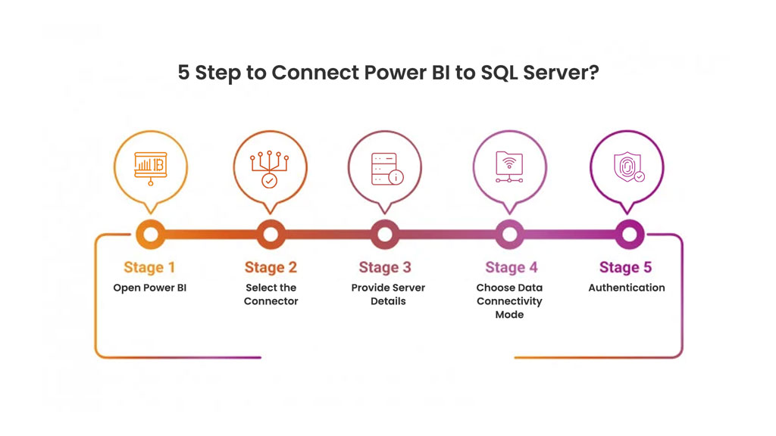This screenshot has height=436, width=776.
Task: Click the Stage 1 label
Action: coord(149,268)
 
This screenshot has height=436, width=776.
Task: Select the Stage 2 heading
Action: coord(271,268)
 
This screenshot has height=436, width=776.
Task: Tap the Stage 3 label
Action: coord(385,268)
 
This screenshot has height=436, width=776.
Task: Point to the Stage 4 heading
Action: coord(512,268)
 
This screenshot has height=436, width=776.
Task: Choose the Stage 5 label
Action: coord(625,268)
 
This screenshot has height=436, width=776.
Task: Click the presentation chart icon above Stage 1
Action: coord(150,167)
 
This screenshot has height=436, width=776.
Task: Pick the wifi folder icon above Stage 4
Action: coord(509,167)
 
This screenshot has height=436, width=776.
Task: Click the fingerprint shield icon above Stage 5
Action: coord(627,167)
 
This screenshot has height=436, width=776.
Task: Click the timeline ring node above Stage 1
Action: coord(151,235)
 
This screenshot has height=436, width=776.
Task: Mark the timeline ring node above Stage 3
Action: coord(385,235)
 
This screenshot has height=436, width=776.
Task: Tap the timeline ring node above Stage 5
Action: coord(628,235)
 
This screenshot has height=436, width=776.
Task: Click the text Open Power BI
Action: coord(149,288)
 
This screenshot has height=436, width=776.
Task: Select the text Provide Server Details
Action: coord(388,294)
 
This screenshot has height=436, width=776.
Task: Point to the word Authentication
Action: coord(627,288)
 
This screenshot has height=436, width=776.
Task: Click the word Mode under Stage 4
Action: coord(509,315)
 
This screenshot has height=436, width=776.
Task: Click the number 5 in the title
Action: coord(184,73)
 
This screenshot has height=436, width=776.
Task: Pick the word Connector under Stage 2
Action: coord(271,301)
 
